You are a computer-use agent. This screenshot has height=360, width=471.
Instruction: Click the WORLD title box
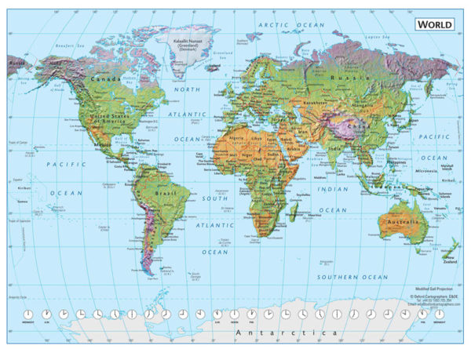(434, 24)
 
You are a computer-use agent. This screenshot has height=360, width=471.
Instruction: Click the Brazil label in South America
(164, 193)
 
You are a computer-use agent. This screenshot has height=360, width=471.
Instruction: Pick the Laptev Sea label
(379, 37)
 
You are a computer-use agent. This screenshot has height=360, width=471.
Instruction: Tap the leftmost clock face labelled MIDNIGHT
(28, 315)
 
